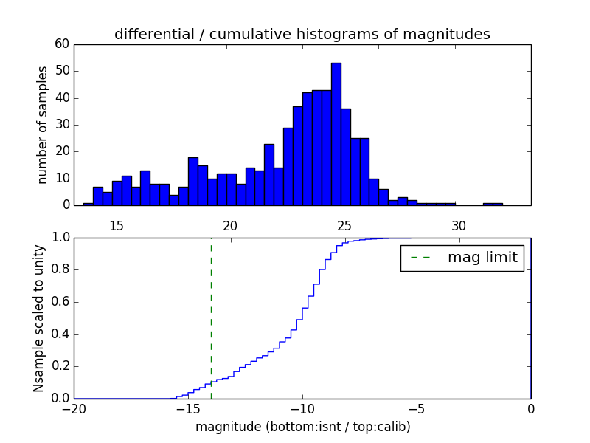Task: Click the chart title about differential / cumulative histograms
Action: [302, 34]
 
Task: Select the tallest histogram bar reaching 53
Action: [336, 133]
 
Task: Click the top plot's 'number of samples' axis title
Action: [44, 124]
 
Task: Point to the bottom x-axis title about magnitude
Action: [302, 427]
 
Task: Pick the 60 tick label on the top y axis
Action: [62, 44]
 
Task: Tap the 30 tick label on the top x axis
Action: [459, 225]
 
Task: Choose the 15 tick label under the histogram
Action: [116, 225]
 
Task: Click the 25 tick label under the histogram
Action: [344, 225]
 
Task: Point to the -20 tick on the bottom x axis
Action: [74, 408]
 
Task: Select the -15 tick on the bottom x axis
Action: [188, 408]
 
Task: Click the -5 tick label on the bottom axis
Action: [417, 408]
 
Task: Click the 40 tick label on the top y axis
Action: [62, 98]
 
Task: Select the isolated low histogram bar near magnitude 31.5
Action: [493, 204]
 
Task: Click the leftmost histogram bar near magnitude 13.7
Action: [88, 204]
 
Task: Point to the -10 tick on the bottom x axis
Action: [302, 408]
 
